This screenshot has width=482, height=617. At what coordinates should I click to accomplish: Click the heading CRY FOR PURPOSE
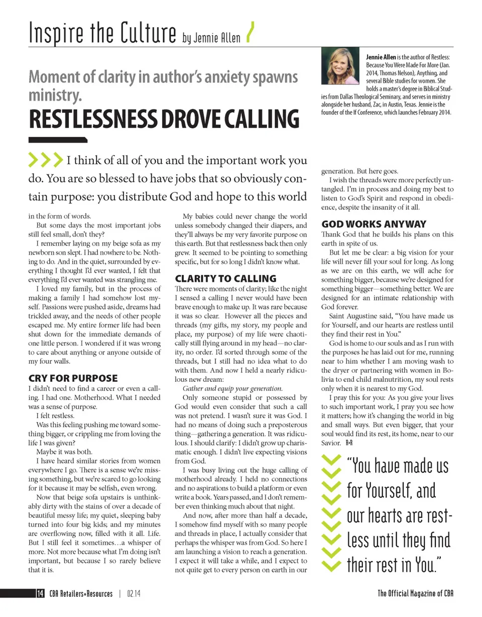(x=73, y=378)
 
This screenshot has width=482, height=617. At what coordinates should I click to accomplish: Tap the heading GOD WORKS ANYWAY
(x=374, y=224)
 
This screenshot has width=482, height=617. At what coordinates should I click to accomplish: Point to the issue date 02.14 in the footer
(x=134, y=593)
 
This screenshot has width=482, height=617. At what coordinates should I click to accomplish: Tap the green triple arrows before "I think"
(x=46, y=160)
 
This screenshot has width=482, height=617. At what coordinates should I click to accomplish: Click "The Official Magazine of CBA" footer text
(x=415, y=593)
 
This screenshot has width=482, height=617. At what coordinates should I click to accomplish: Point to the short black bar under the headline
(x=58, y=140)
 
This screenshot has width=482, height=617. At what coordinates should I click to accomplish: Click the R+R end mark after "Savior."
(x=350, y=443)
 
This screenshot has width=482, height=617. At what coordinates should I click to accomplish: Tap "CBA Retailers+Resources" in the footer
(x=80, y=593)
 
